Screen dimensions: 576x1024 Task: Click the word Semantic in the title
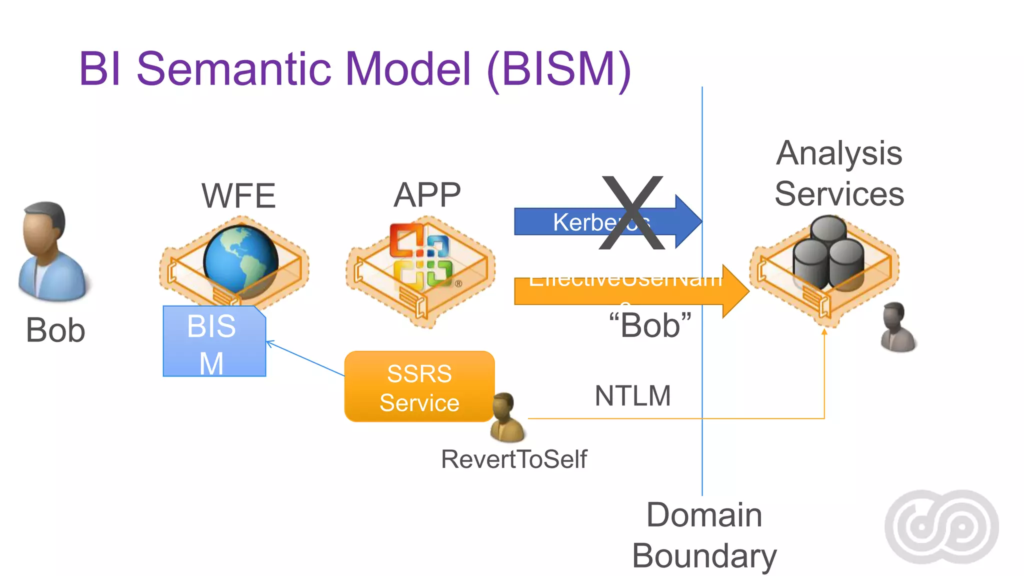(234, 69)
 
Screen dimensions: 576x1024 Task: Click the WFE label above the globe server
(238, 195)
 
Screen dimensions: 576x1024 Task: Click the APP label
(427, 195)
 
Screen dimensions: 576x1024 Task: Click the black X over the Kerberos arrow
(632, 213)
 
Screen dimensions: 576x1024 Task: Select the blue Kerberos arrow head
(687, 221)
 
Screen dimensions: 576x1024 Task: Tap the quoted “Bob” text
(650, 325)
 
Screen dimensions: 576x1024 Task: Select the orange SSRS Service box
(419, 387)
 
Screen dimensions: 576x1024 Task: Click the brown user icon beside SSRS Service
(506, 417)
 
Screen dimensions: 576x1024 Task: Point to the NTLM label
(632, 396)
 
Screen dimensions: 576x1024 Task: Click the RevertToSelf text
(514, 459)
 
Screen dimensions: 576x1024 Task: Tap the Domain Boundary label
(704, 535)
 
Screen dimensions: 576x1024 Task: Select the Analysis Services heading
(839, 173)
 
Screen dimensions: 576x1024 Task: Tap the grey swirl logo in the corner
(941, 527)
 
